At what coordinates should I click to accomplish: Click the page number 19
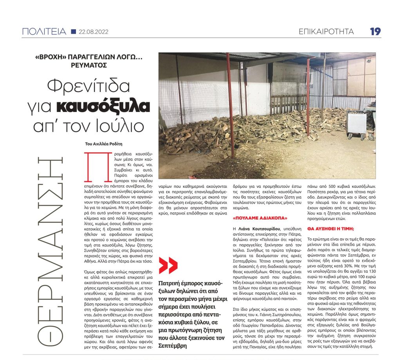coord(375,31)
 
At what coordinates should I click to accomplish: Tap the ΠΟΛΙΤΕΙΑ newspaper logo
coord(44,32)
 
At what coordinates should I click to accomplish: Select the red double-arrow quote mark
coord(168,265)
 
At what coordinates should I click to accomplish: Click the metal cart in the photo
coord(356,124)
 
